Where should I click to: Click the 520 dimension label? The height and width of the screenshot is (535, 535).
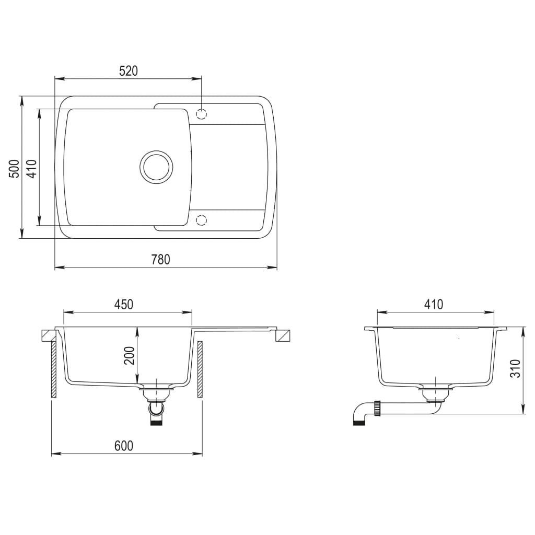(128, 72)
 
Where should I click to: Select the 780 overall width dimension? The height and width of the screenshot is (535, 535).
(160, 260)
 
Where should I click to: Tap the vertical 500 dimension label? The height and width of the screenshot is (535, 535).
(15, 168)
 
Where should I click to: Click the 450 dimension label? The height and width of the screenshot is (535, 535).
(124, 304)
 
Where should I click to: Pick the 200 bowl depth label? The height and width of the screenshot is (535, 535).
(130, 356)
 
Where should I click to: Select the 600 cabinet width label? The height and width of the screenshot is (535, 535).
(124, 446)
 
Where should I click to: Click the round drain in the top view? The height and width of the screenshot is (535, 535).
(156, 167)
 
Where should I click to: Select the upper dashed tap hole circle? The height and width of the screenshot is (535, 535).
(202, 114)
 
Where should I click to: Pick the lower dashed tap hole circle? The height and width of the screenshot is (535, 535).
(202, 220)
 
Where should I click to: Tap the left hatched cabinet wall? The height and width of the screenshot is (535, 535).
(53, 370)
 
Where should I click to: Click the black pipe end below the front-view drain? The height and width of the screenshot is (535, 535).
(156, 422)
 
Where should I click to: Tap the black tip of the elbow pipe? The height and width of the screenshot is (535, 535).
(358, 422)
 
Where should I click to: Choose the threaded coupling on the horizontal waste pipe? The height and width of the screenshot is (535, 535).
(378, 408)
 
